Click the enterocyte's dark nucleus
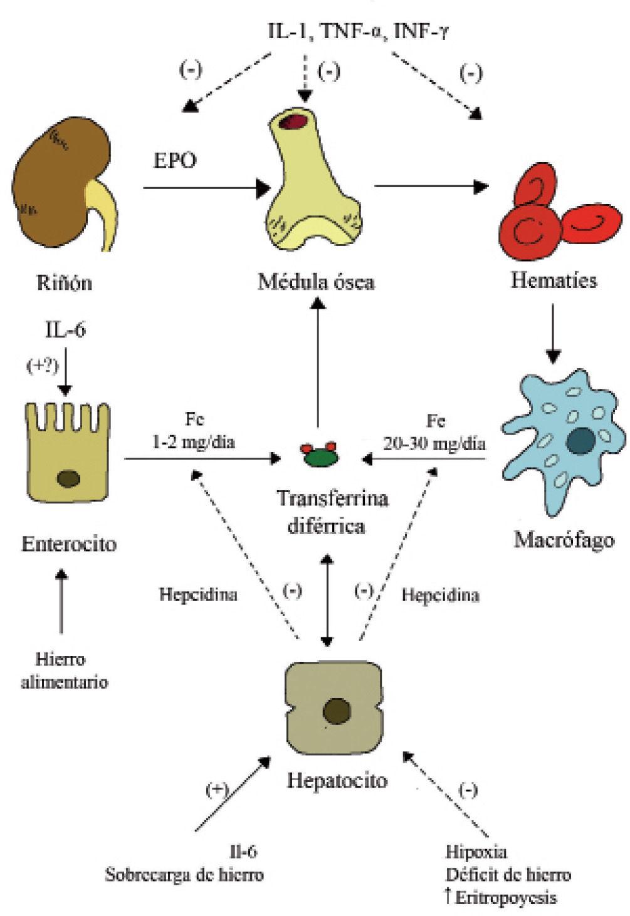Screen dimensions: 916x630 68,479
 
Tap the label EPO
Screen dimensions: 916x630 175,160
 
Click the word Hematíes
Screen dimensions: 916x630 554,280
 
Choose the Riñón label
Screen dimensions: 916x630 65,282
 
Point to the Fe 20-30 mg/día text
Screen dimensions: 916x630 434,432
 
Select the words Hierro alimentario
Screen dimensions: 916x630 63,671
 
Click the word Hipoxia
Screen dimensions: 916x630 476,852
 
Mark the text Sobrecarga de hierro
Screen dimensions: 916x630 184,875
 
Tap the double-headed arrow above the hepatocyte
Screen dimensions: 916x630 327,600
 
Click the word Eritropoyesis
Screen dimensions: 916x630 505,897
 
